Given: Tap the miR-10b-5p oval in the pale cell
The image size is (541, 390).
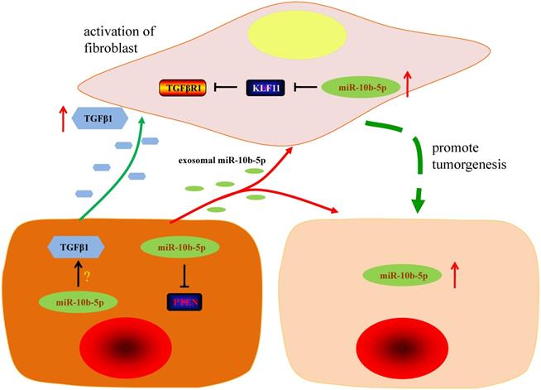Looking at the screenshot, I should pos(402,275).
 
